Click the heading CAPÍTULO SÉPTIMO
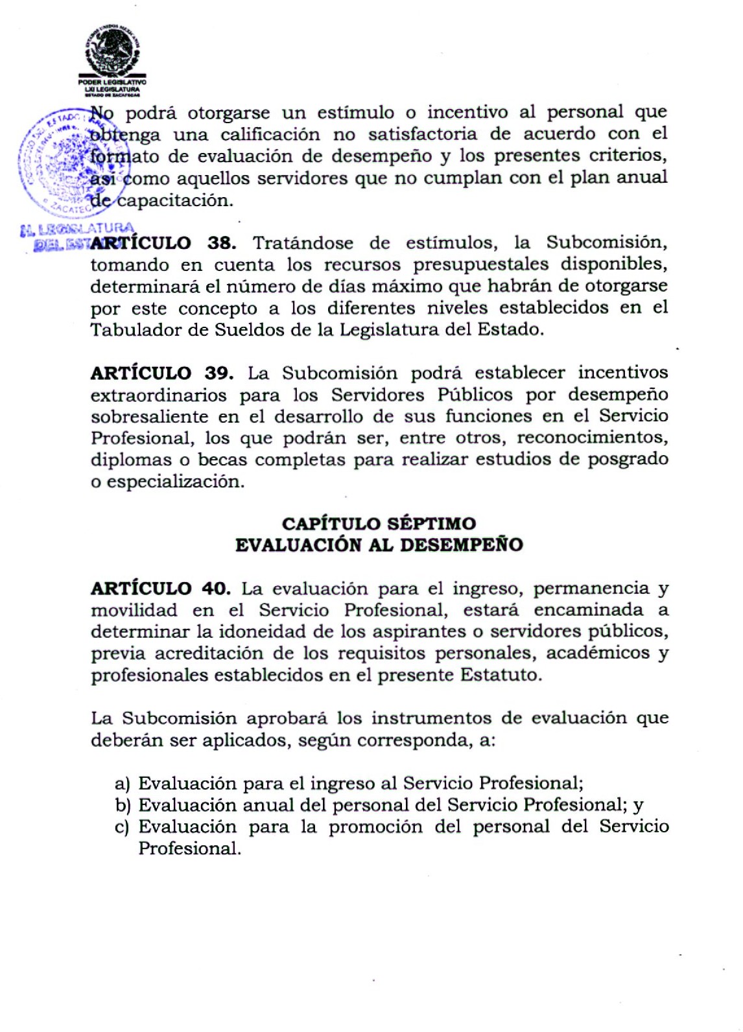point(379,523)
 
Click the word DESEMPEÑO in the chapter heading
point(461,545)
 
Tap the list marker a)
point(123,784)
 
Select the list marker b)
point(123,806)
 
